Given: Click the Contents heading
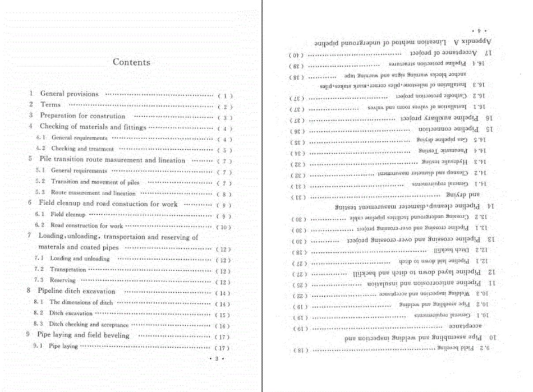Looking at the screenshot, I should [x=131, y=62].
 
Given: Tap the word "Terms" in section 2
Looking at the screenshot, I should [x=50, y=105].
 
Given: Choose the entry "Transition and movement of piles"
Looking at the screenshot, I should [x=95, y=182].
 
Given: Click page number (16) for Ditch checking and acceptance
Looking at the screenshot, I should [x=223, y=325].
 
